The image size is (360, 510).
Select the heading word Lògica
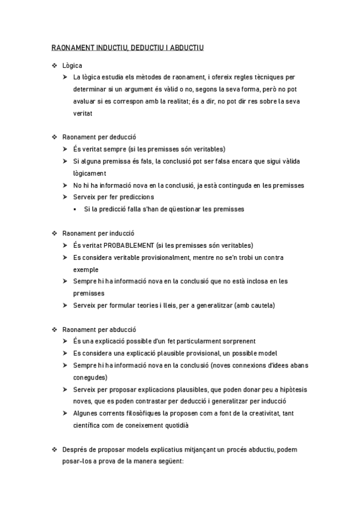click(x=72, y=66)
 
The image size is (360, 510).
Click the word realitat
click(x=175, y=101)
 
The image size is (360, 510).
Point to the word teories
click(x=150, y=305)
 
